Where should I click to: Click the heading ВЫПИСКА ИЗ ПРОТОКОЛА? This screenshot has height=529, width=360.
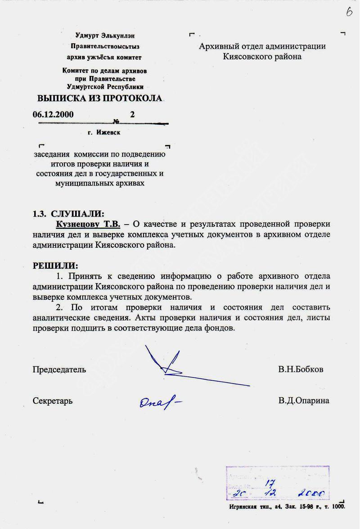[x=99, y=99]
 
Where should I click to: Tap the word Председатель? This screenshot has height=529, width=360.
[x=59, y=370]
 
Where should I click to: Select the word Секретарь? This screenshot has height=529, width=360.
[x=52, y=401]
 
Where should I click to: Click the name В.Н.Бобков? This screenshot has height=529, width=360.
[x=301, y=370]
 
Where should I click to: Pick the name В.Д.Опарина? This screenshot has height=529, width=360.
[x=304, y=401]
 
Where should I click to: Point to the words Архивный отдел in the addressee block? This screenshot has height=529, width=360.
[x=234, y=46]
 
